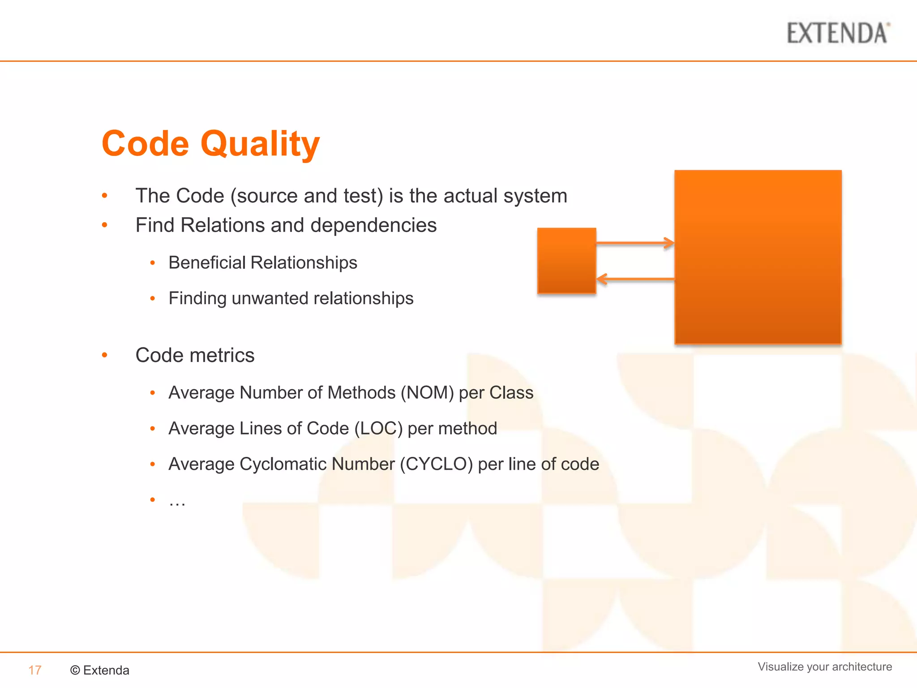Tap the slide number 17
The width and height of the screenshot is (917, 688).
coord(35,670)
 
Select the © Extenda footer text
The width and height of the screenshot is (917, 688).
coord(100,670)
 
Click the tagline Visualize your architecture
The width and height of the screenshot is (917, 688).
coord(824,666)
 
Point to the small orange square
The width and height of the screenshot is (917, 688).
coord(566,261)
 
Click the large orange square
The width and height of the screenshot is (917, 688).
coord(758,257)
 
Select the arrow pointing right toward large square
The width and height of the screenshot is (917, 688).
coord(635,243)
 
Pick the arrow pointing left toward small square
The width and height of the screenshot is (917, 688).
coord(635,279)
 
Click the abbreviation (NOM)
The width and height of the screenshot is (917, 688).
coord(427,393)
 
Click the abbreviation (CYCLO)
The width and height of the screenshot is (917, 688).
coord(436,464)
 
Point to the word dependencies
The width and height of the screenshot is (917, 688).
coord(373,225)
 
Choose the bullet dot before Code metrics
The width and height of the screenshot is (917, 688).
coord(105,355)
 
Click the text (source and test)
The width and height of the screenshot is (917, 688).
coord(307,196)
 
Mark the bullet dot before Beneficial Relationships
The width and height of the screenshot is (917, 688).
coord(153,263)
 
